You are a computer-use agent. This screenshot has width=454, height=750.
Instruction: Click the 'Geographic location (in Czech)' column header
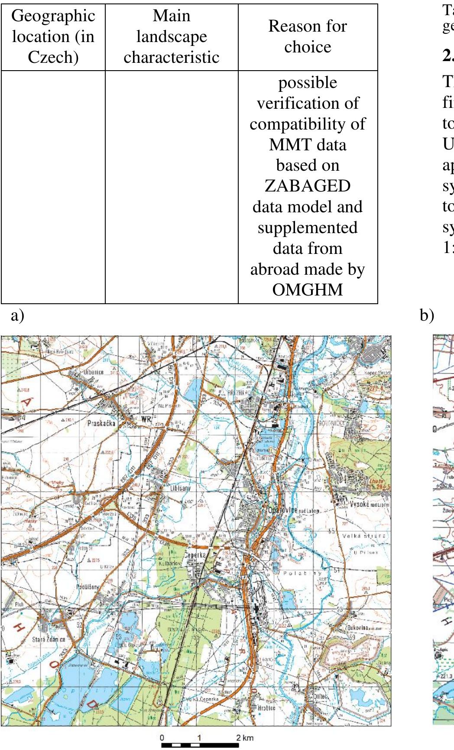(53, 36)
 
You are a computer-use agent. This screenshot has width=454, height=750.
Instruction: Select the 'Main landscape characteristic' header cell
(172, 36)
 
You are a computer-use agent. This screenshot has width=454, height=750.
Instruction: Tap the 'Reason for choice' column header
(308, 36)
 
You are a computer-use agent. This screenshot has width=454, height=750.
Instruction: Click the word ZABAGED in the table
(308, 186)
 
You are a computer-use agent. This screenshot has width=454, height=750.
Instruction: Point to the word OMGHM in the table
(308, 289)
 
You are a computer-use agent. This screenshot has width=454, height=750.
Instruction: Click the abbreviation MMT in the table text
(286, 144)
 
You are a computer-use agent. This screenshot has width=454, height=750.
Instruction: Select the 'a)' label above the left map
(17, 315)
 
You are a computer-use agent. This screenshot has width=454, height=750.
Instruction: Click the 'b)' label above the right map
(427, 315)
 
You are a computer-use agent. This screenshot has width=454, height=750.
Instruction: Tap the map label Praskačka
(101, 423)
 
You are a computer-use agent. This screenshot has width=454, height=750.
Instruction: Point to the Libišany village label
(180, 488)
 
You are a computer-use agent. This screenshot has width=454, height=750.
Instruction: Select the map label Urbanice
(94, 372)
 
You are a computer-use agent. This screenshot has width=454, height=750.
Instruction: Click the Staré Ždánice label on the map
(49, 640)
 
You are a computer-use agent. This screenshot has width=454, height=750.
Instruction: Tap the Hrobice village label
(266, 708)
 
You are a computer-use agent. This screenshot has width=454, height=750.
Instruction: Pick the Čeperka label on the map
(195, 555)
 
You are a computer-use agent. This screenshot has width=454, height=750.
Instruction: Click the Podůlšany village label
(88, 587)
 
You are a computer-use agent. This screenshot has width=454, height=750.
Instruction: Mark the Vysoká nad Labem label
(369, 504)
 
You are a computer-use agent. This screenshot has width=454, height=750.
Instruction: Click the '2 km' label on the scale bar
(245, 738)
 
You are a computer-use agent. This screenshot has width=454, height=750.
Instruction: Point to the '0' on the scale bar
(162, 738)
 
